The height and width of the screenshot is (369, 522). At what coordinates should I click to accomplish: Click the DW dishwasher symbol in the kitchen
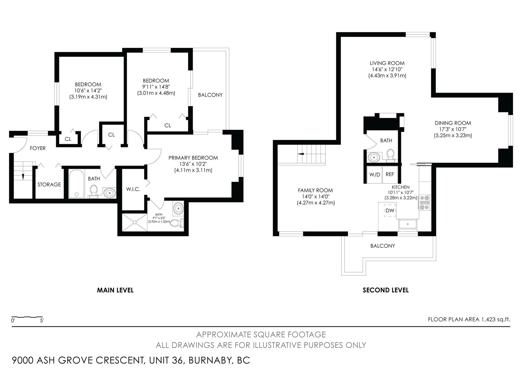[x=390, y=210]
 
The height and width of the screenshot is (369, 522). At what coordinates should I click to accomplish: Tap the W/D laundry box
[x=375, y=175]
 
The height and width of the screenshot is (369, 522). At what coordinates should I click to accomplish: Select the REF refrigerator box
[x=390, y=174]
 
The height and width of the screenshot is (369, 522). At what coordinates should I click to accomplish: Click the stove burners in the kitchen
[x=424, y=203]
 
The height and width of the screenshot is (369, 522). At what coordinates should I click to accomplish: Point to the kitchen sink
[x=408, y=225]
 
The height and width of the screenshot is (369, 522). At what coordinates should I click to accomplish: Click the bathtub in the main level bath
[x=77, y=183]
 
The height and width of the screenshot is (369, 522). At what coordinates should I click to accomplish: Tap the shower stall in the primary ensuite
[x=135, y=222]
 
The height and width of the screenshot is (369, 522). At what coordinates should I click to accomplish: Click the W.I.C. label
[x=133, y=189]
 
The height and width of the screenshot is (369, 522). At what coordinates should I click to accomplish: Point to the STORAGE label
[x=49, y=184]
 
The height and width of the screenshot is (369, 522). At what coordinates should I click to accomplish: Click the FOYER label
[x=38, y=148]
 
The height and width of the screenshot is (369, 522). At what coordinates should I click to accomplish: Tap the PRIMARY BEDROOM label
[x=193, y=158]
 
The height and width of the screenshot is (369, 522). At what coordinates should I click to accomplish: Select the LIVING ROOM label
[x=387, y=63]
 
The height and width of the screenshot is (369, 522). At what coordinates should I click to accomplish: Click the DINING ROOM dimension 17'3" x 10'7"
[x=453, y=129]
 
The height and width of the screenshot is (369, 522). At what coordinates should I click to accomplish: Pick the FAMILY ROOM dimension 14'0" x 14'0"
[x=315, y=197]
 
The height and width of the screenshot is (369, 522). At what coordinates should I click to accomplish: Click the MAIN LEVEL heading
[x=115, y=290]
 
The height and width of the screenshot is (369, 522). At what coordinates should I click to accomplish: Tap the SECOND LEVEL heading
[x=386, y=290]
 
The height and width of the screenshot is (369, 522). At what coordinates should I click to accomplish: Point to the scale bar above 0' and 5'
[x=24, y=317]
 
